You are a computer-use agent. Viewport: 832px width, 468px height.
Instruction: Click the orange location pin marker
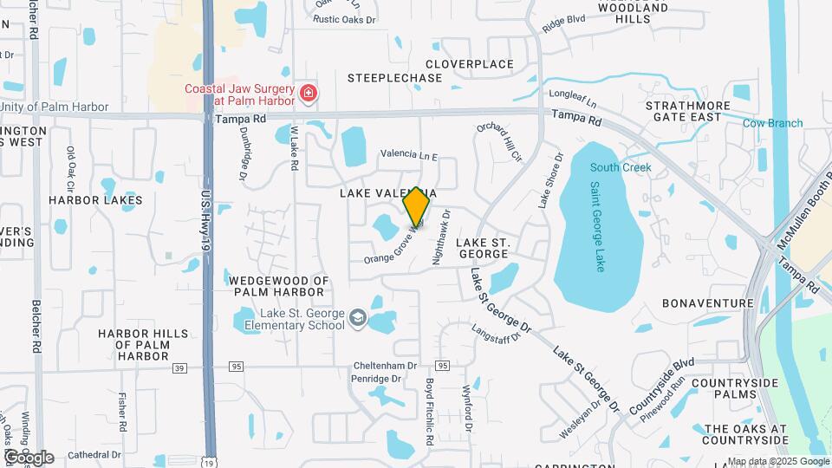[x=417, y=206]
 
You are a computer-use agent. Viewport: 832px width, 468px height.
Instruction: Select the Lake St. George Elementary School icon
[x=357, y=319]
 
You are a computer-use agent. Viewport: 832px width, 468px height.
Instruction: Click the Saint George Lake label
[x=597, y=226]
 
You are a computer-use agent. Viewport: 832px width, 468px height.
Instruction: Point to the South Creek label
[x=621, y=167]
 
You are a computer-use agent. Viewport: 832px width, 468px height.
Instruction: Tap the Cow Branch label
[x=773, y=123]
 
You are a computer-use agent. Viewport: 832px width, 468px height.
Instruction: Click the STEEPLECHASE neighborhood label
[x=394, y=78]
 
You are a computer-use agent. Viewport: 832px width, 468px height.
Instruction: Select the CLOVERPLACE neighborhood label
[x=470, y=64]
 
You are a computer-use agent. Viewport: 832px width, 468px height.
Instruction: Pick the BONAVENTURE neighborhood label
[x=707, y=303]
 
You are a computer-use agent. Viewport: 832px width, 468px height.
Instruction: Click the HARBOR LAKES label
[x=95, y=200]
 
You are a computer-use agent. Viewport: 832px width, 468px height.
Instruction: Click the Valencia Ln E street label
[x=409, y=154]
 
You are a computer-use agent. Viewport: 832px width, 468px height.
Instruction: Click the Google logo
[x=29, y=457]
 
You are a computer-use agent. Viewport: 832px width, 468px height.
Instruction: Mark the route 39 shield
[x=179, y=367]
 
